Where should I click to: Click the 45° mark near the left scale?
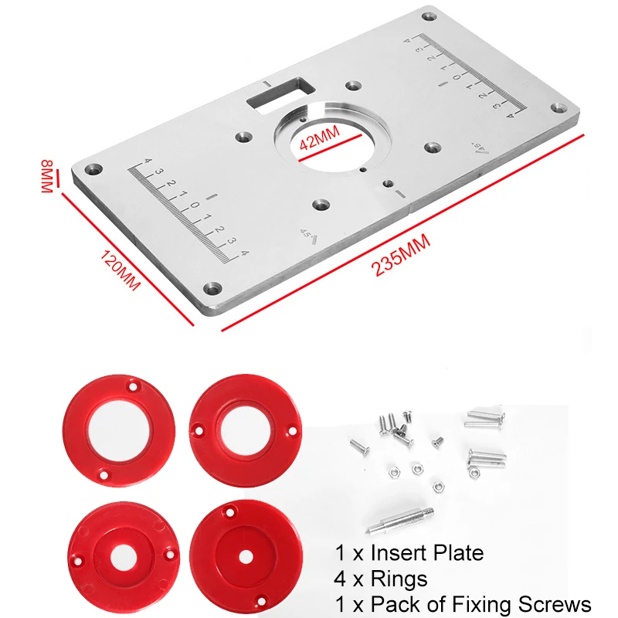tap(306, 233)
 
